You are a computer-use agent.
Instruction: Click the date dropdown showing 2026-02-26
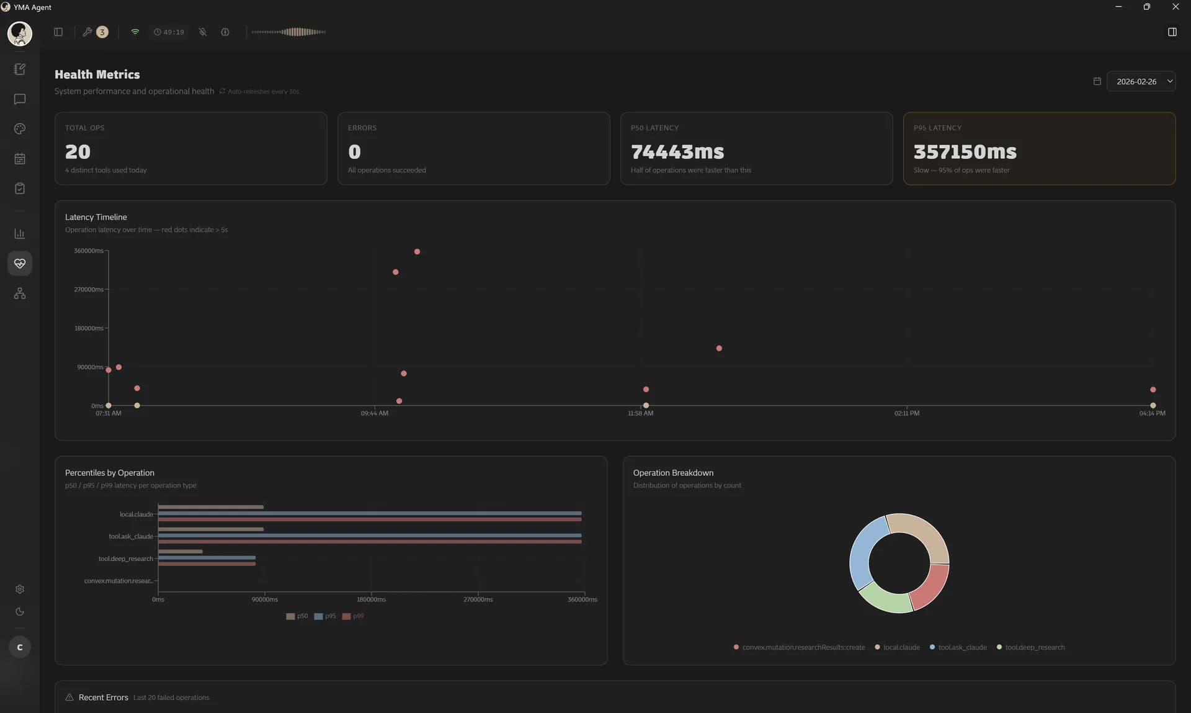(x=1140, y=81)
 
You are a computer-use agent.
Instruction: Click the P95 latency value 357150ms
(x=965, y=151)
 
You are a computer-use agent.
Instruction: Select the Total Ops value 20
(x=78, y=151)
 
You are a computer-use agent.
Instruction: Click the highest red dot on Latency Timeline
(x=417, y=252)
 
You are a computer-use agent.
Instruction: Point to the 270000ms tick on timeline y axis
(x=89, y=290)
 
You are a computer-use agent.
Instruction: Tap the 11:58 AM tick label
(x=640, y=413)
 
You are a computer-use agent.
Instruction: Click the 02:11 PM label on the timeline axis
(x=906, y=413)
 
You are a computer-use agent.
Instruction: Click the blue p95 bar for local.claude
(x=370, y=513)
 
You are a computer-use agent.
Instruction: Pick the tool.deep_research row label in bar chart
(x=125, y=559)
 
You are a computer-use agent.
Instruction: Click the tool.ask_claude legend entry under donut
(x=961, y=647)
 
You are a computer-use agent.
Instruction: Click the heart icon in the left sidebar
(x=20, y=264)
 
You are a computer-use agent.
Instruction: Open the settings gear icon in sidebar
(x=20, y=589)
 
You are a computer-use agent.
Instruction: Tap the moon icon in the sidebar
(x=20, y=612)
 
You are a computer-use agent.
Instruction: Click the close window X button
(x=1175, y=7)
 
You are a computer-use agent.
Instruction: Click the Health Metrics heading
(x=97, y=74)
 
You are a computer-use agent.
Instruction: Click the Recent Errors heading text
(x=103, y=697)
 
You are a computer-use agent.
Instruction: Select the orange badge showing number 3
(x=102, y=32)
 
